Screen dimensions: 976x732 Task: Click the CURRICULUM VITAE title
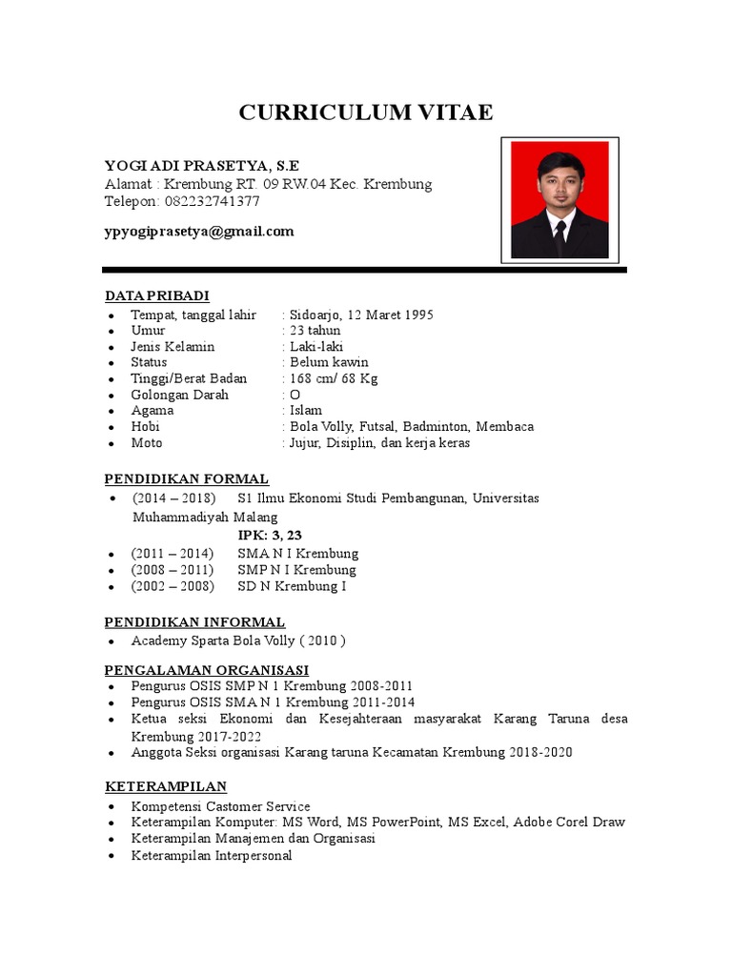point(366,112)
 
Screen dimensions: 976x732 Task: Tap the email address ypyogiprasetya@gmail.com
point(199,231)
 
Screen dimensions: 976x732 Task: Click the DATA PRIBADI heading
point(156,295)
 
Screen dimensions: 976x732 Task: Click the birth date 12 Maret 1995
point(390,315)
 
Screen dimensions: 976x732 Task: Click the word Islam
point(306,411)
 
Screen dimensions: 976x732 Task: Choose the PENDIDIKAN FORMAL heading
point(186,478)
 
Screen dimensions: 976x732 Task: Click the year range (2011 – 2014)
point(173,553)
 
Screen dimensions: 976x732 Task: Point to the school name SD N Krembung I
point(291,585)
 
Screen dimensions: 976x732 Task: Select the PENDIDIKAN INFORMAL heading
point(194,622)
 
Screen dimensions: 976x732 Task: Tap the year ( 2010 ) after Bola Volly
point(324,640)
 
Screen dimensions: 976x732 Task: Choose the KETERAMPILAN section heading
point(165,786)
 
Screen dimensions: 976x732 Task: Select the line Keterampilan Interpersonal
point(212,855)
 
